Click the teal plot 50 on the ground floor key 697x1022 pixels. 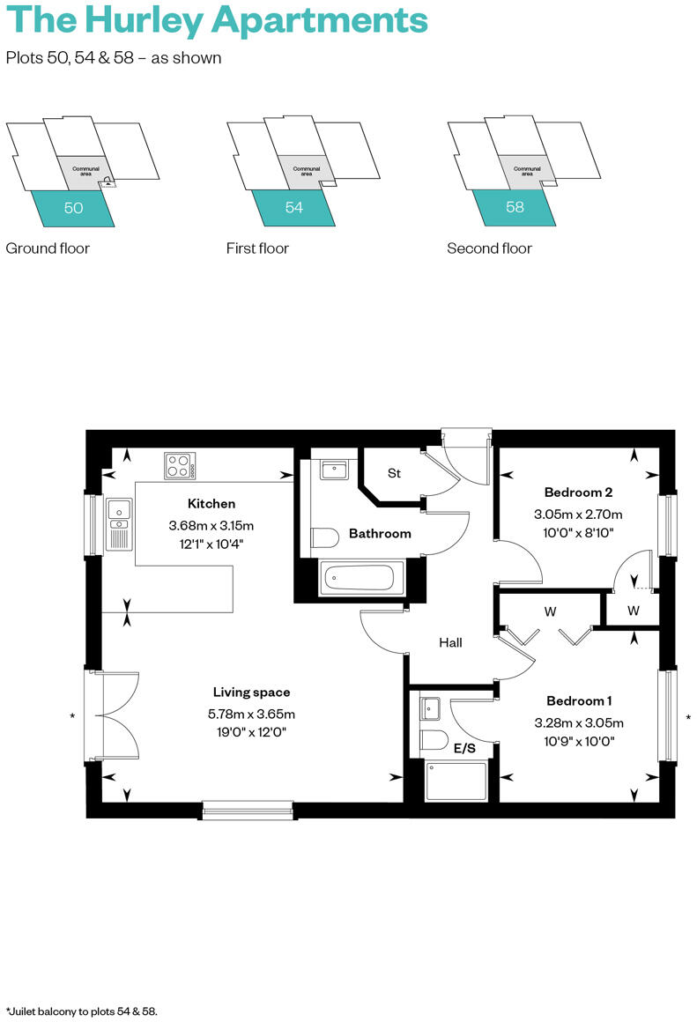pyautogui.click(x=73, y=209)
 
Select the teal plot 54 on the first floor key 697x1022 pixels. pyautogui.click(x=294, y=209)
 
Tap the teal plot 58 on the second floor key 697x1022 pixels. pyautogui.click(x=515, y=209)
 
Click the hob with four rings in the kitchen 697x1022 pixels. pyautogui.click(x=179, y=465)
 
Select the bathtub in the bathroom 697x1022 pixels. pyautogui.click(x=359, y=578)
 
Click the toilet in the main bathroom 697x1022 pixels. pyautogui.click(x=325, y=537)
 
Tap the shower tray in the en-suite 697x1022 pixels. pyautogui.click(x=456, y=781)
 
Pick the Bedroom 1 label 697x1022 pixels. pyautogui.click(x=579, y=701)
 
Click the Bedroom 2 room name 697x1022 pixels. pyautogui.click(x=578, y=492)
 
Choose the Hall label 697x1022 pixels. pyautogui.click(x=450, y=643)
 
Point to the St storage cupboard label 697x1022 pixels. pyautogui.click(x=394, y=473)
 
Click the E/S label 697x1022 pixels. pyautogui.click(x=464, y=749)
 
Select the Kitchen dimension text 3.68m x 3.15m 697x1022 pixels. pyautogui.click(x=211, y=525)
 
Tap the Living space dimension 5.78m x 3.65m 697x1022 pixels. pyautogui.click(x=251, y=714)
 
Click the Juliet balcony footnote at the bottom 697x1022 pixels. pyautogui.click(x=81, y=1011)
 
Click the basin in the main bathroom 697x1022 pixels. pyautogui.click(x=333, y=470)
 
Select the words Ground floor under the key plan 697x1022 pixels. pyautogui.click(x=48, y=248)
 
